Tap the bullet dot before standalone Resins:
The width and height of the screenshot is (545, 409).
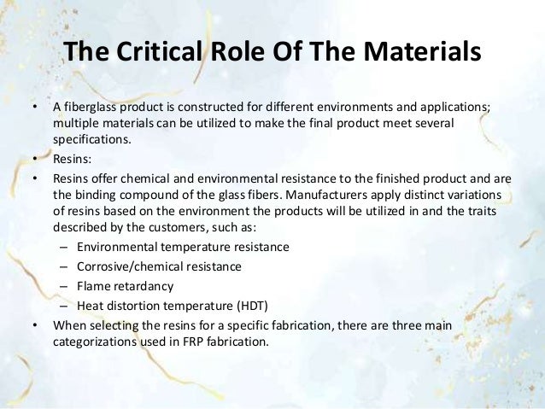(34, 160)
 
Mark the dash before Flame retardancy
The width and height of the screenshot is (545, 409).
(65, 286)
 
